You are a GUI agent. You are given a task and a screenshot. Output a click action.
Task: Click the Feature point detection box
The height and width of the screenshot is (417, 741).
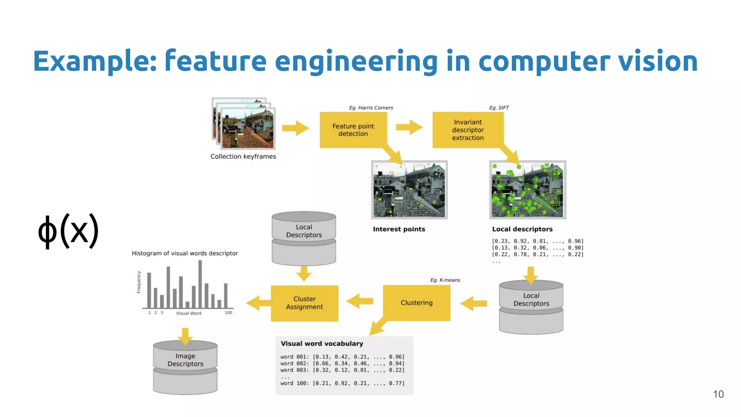click(x=353, y=130)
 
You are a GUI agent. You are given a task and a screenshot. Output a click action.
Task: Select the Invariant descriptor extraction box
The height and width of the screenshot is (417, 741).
click(x=468, y=130)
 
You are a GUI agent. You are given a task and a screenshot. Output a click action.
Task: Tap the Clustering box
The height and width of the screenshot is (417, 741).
click(x=416, y=303)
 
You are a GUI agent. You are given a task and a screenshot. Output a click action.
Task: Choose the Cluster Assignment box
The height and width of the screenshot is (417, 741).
click(x=304, y=303)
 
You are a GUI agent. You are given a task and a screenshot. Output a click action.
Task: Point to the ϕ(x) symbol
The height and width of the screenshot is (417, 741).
click(x=68, y=231)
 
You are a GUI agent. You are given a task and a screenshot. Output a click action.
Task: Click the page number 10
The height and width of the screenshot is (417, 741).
click(x=718, y=394)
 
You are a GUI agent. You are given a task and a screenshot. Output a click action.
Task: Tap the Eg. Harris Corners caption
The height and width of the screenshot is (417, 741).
click(x=371, y=108)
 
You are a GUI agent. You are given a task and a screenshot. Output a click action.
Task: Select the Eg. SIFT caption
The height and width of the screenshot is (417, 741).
click(x=499, y=108)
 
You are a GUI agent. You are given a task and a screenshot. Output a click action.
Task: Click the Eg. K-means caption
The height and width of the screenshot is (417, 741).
click(x=445, y=280)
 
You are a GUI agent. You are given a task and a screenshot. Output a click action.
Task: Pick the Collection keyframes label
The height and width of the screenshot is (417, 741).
click(x=243, y=156)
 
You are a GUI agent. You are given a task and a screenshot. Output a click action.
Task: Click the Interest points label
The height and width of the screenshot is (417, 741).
click(x=399, y=229)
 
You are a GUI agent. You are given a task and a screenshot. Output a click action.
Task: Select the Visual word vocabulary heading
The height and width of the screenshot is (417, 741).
click(x=322, y=344)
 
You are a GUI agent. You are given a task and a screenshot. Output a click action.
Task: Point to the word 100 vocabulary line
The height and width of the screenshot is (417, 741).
click(x=342, y=383)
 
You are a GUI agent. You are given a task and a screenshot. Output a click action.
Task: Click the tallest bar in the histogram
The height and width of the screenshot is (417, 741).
click(x=200, y=284)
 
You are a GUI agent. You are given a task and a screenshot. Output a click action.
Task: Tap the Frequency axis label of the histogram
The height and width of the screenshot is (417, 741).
click(x=139, y=282)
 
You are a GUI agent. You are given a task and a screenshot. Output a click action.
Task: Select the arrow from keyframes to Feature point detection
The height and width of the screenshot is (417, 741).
click(x=296, y=128)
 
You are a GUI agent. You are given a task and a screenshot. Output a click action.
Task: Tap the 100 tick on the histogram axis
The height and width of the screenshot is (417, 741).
click(x=228, y=313)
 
